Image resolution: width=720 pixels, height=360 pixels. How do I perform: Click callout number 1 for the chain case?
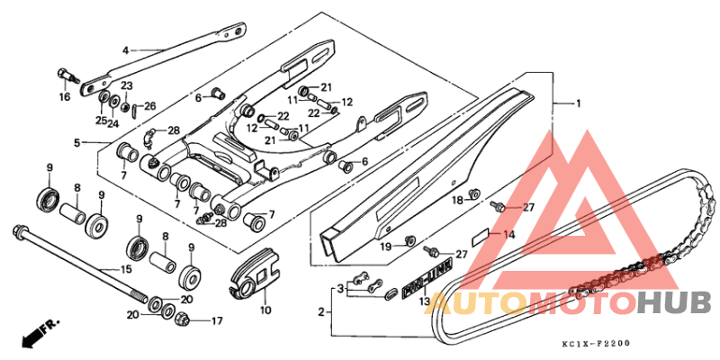[x=578, y=104]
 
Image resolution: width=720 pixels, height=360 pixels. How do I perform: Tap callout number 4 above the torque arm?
[x=125, y=50]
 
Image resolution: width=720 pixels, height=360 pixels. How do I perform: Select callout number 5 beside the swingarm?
[x=77, y=142]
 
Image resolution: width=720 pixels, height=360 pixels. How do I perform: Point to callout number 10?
[x=265, y=310]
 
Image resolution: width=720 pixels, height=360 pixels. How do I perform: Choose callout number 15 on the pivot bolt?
[x=126, y=270]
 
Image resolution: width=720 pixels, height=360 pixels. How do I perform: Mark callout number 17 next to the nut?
[x=216, y=320]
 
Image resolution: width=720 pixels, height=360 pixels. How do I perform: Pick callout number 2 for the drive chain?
[x=320, y=313]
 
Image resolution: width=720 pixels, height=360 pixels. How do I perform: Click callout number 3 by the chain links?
[x=341, y=289]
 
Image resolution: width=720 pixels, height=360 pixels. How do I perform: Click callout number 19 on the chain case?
[x=384, y=246]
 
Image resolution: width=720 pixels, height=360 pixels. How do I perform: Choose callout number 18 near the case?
[x=456, y=199]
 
